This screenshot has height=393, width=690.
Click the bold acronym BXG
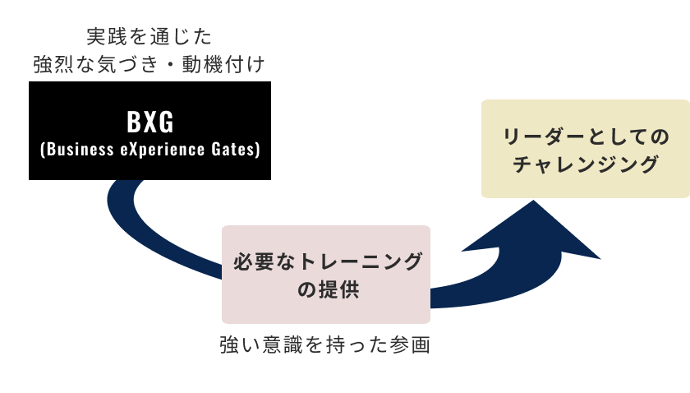(150, 123)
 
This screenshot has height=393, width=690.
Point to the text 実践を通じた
(149, 36)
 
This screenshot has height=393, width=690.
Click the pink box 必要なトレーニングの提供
(326, 275)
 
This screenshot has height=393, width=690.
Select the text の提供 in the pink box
(326, 290)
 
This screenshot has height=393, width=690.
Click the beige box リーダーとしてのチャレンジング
(585, 149)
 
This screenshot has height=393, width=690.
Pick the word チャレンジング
(585, 164)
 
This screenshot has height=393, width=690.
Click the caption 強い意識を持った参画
(325, 345)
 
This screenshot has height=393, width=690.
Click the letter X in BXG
(150, 123)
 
